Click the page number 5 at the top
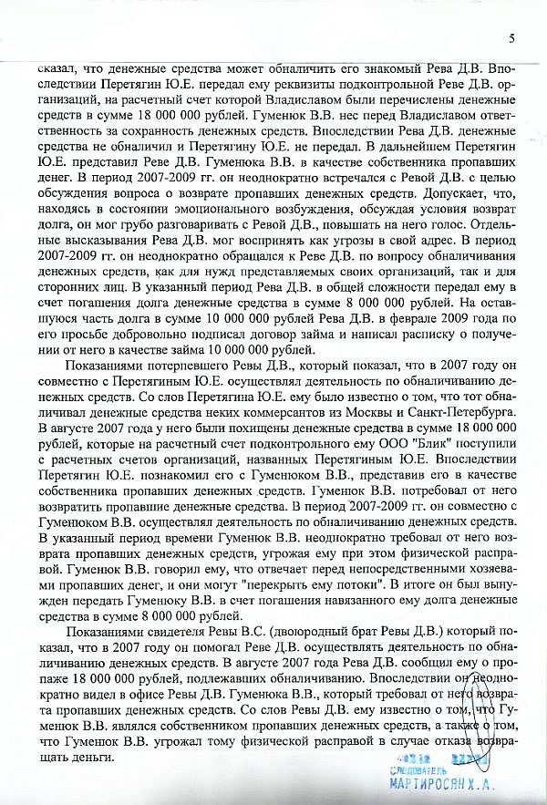[511, 37]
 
